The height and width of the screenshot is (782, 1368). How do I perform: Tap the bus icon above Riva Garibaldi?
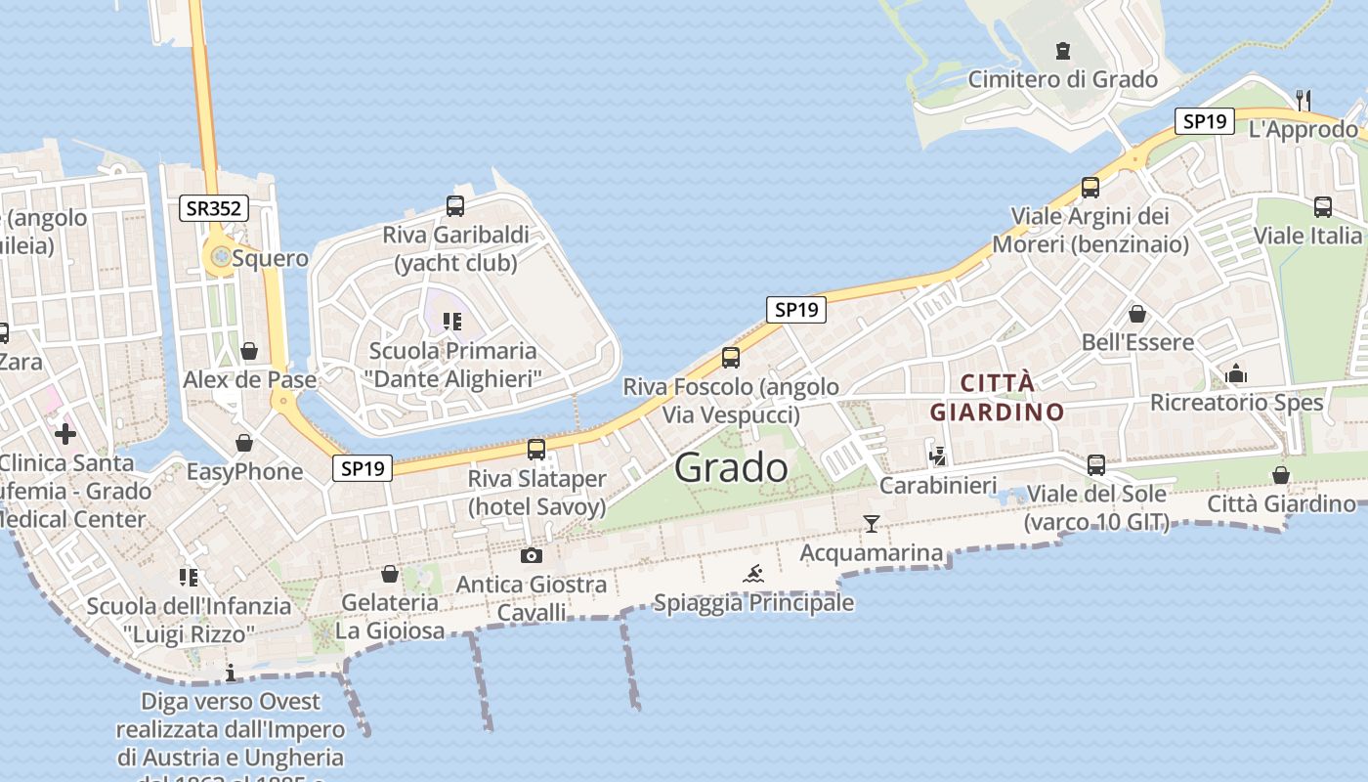455,206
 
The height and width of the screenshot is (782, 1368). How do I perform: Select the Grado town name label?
731,467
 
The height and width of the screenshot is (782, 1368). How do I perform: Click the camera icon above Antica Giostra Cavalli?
532,555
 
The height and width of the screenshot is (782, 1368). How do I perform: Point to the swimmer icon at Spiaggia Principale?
753,573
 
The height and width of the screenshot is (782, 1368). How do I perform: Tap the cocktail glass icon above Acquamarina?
872,524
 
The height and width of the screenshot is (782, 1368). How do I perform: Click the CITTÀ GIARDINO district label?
997,397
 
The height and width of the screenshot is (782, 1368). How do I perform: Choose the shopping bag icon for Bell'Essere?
1137,314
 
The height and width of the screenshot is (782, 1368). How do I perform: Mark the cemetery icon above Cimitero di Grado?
1063,51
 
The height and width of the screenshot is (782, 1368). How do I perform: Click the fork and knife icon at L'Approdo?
1303,99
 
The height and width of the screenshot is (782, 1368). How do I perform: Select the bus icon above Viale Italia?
1323,207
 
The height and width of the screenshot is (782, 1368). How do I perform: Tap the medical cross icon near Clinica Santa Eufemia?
65,433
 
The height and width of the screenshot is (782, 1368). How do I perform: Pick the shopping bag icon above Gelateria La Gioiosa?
390,574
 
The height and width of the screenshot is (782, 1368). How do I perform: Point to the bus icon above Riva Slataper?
536,450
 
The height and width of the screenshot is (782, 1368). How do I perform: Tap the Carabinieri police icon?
938,456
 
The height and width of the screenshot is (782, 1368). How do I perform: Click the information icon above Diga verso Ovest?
231,673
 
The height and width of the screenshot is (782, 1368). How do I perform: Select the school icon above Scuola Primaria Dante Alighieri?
451,321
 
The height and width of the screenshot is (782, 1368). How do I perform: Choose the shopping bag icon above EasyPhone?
244,443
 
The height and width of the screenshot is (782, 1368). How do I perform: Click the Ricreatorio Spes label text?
1236,403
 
